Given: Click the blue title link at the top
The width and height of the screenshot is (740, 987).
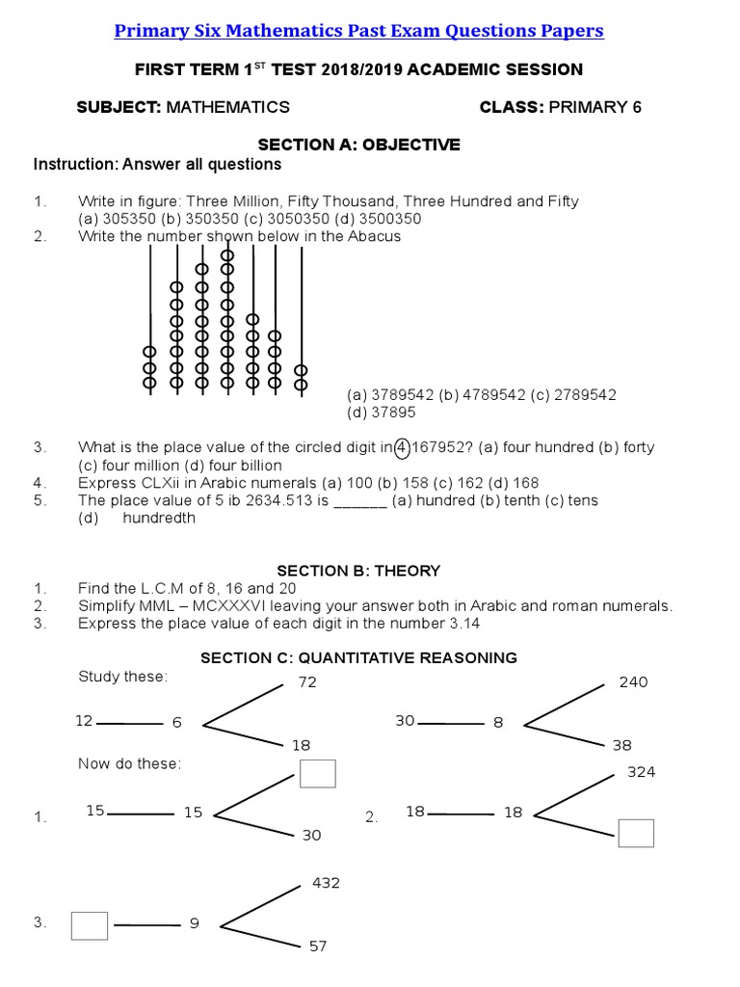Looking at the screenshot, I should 358,31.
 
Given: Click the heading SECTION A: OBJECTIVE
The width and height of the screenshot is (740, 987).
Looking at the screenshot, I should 358,145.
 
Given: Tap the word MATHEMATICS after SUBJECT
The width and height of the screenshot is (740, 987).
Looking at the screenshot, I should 227,107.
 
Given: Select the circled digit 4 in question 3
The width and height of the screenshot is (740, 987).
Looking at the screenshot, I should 402,447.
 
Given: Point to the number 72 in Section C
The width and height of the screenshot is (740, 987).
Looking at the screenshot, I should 307,682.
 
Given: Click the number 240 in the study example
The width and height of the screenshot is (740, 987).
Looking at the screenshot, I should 633,682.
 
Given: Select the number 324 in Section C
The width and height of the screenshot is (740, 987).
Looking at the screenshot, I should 641,772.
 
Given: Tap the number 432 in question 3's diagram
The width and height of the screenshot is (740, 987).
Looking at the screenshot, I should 327,883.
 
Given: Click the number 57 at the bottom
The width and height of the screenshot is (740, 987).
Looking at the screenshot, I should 318,947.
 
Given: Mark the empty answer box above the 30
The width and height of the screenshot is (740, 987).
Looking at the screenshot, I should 317,774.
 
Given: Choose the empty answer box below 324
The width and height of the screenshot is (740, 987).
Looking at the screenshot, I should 636,833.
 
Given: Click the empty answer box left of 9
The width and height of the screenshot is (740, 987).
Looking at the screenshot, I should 89,926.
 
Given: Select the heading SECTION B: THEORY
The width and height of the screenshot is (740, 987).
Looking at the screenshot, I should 358,571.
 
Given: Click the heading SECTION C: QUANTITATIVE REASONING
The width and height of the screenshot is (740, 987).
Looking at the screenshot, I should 358,657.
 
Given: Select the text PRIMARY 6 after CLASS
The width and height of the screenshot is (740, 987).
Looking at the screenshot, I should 595,107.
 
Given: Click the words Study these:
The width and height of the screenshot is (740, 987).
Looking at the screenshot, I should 122,677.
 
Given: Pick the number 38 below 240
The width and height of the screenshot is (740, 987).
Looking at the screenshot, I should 621,745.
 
